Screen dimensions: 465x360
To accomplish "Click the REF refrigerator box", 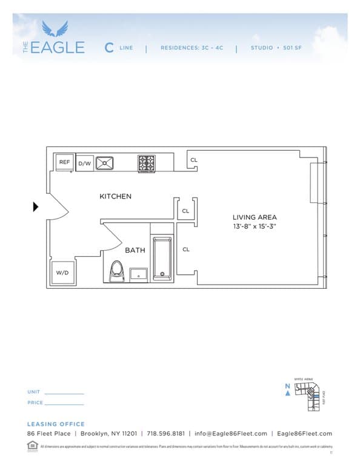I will [64, 162].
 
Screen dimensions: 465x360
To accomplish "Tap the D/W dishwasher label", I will [84, 163].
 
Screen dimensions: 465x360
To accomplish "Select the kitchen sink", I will [104, 162].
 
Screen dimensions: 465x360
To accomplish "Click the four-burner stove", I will [146, 162].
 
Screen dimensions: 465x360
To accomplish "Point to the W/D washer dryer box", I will [62, 273].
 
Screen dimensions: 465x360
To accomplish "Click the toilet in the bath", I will [117, 272].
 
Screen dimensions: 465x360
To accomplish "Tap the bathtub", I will [162, 259].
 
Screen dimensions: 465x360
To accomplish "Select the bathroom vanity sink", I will [138, 274].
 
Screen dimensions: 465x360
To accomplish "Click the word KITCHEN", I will [115, 196].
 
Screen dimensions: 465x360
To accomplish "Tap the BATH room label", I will [135, 250].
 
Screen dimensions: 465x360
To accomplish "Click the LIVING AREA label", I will [255, 217].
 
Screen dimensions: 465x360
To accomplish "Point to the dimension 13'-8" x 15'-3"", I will [255, 226].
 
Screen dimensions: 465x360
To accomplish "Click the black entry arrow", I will [36, 207].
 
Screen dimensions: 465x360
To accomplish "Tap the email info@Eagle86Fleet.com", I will [230, 434].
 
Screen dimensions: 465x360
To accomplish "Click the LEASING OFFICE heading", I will [56, 424].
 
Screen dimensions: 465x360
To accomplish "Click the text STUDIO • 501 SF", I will [276, 47].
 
